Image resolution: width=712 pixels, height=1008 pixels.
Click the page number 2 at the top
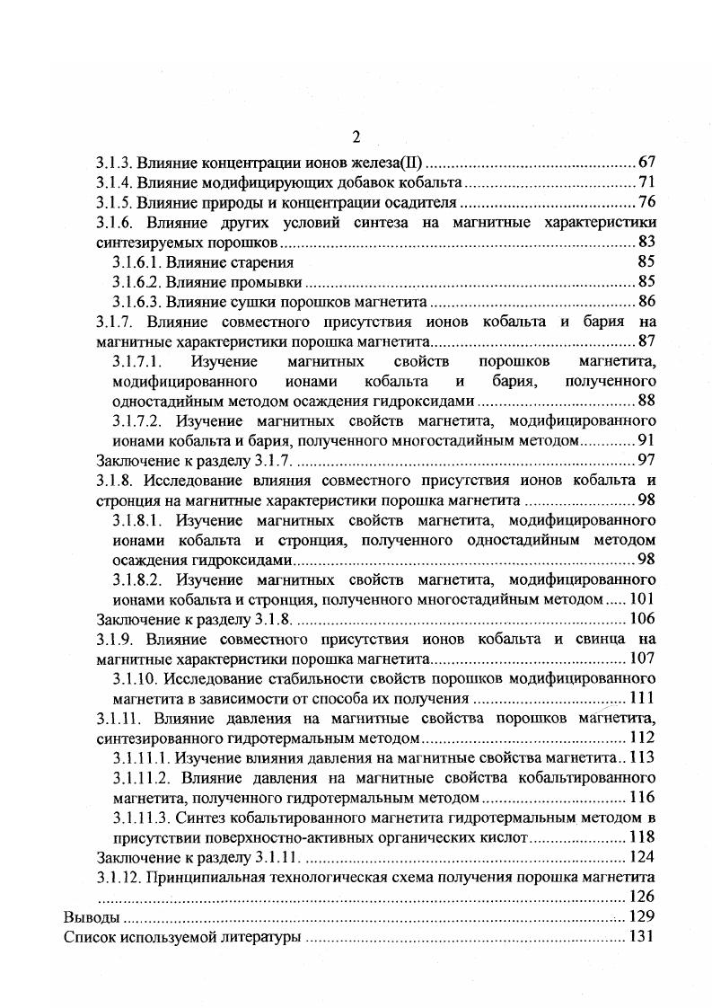(x=356, y=137)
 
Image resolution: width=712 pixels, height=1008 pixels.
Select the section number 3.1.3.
(x=114, y=163)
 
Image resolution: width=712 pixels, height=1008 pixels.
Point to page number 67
(x=646, y=163)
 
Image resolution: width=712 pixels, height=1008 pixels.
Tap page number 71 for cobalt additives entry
(x=646, y=182)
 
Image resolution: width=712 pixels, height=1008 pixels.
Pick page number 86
(x=646, y=301)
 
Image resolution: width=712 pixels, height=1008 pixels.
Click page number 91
(x=646, y=440)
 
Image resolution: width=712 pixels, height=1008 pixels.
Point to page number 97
(x=646, y=460)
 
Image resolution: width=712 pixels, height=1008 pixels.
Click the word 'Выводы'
(x=90, y=918)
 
